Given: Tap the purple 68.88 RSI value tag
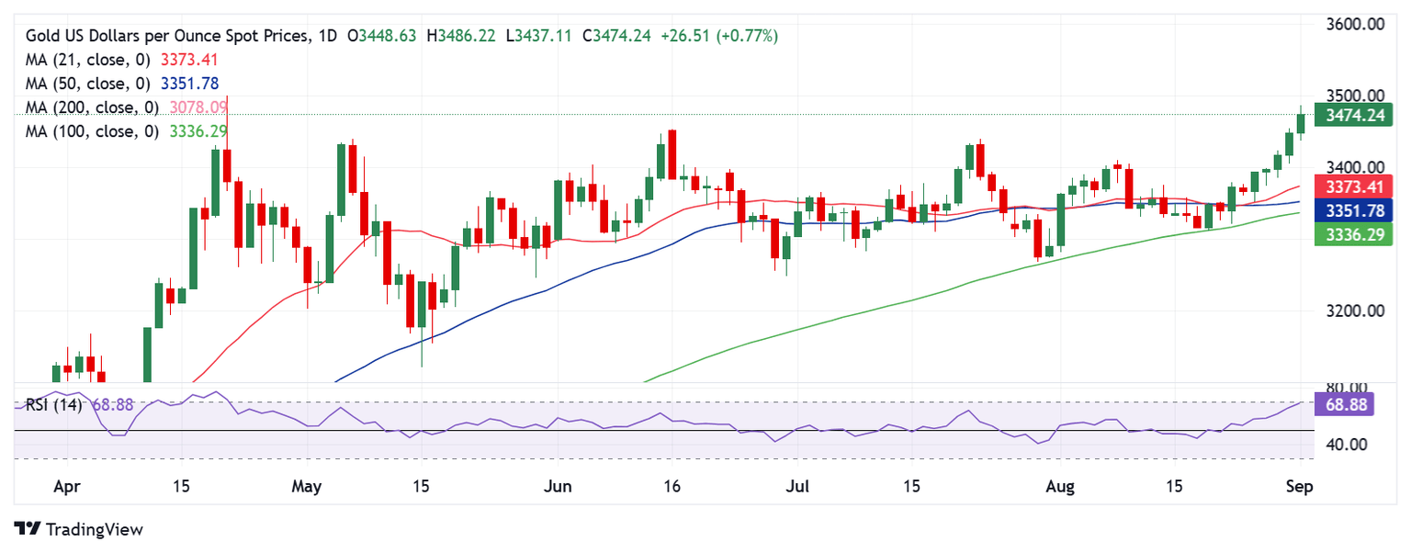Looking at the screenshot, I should click(x=1344, y=404).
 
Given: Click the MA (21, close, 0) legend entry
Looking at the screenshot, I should click(x=90, y=60).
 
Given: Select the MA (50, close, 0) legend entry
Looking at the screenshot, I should click(x=90, y=84).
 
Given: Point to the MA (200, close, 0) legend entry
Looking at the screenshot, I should click(x=90, y=107).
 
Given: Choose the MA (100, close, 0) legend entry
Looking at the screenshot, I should click(x=90, y=131).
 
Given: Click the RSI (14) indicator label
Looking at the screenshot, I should click(x=53, y=404).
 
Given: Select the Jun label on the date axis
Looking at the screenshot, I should click(x=558, y=486).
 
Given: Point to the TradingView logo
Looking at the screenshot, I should click(x=80, y=529).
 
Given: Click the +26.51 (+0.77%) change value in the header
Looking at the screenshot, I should click(x=720, y=36).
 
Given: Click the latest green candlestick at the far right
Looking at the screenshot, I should click(x=1301, y=123).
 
